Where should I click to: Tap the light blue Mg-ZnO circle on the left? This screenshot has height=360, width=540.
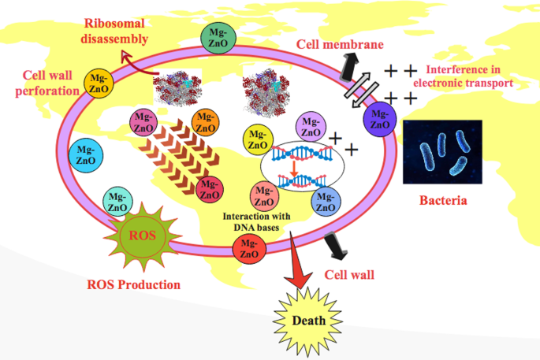pos(84,155)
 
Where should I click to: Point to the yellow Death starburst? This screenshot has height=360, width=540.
pos(309,321)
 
